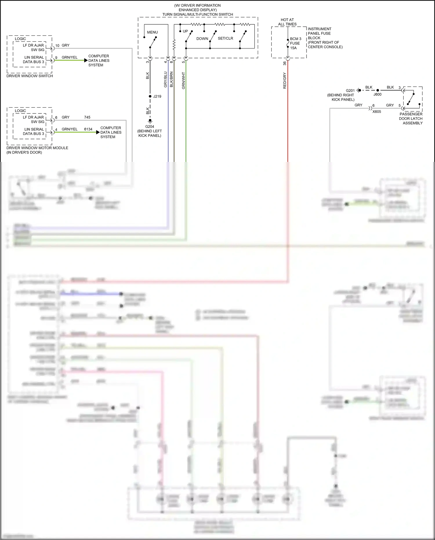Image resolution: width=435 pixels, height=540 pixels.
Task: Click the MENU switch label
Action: [152, 32]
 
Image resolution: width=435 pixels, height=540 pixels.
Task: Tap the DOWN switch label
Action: [202, 39]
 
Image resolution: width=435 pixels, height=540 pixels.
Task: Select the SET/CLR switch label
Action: [225, 38]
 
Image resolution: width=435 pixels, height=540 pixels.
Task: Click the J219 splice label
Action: [157, 96]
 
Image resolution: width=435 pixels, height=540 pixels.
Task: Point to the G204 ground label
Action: [150, 127]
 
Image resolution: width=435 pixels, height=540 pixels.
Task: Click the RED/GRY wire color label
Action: [284, 81]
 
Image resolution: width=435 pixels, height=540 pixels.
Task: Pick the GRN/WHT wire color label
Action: [183, 81]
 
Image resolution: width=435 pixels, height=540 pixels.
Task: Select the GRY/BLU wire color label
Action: [166, 80]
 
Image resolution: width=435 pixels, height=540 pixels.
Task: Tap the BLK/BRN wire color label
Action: [171, 80]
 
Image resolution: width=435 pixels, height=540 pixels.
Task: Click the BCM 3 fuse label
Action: [296, 39]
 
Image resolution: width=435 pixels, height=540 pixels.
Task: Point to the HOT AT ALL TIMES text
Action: [287, 22]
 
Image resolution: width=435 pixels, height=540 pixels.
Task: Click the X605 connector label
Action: [377, 112]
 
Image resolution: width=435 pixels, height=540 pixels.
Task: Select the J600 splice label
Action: [377, 94]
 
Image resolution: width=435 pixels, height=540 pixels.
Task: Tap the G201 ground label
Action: [350, 91]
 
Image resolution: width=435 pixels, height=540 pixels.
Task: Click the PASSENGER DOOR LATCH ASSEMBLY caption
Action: [411, 119]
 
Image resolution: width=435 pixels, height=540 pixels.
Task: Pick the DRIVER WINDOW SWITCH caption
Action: [30, 76]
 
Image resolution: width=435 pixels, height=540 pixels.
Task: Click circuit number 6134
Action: [88, 129]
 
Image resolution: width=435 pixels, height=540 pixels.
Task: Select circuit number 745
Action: [87, 117]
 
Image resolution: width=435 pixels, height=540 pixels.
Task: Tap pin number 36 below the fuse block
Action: [284, 63]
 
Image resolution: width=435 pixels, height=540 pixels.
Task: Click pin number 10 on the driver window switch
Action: [57, 46]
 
